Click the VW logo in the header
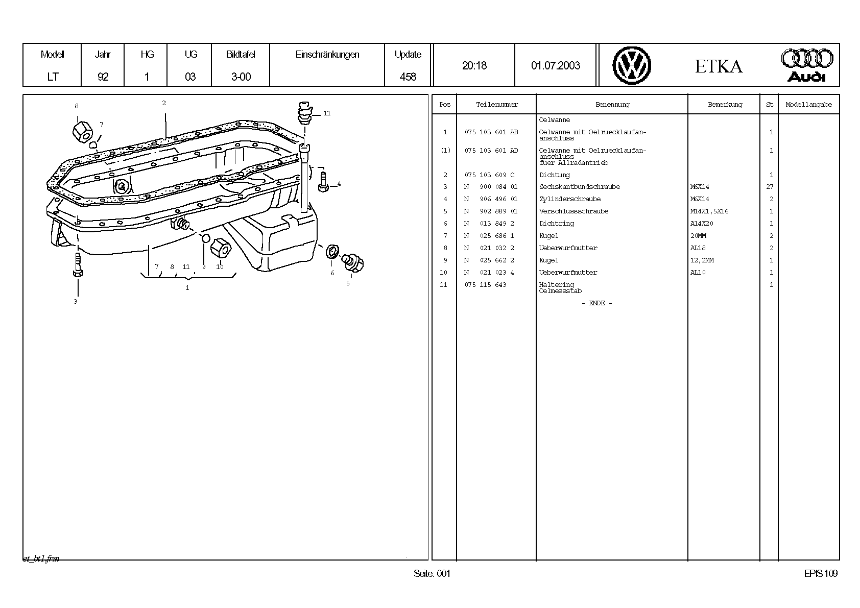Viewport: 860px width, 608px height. point(632,65)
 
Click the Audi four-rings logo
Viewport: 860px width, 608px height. point(806,65)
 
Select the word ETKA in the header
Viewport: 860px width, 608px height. point(719,66)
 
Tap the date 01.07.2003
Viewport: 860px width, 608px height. point(556,65)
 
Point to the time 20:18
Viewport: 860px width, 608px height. point(474,65)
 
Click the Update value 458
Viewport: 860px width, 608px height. point(408,77)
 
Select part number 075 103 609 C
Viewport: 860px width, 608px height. point(489,175)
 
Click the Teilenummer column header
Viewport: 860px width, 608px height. point(496,105)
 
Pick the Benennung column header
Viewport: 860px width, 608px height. point(612,105)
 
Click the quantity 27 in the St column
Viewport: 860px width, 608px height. point(770,187)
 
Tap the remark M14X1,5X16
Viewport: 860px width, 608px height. point(709,211)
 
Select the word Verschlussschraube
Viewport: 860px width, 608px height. point(574,211)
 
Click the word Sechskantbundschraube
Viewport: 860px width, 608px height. point(579,187)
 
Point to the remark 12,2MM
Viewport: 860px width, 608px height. point(702,260)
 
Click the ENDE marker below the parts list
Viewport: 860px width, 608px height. point(596,303)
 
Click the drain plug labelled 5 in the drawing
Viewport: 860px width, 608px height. point(353,262)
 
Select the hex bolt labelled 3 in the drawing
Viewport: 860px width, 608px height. point(78,264)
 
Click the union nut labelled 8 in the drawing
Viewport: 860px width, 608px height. point(82,132)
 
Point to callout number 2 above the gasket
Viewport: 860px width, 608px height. point(164,103)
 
